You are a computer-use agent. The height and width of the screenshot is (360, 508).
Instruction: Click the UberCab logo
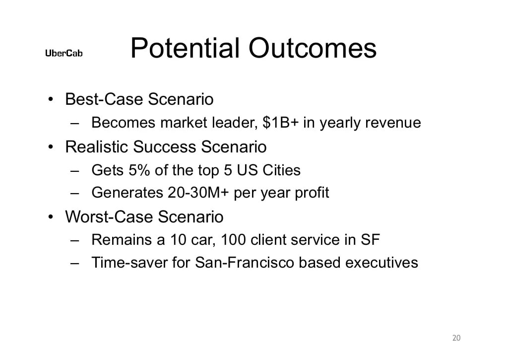64,53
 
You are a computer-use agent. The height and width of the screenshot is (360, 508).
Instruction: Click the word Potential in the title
186,49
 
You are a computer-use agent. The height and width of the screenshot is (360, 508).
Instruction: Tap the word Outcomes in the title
313,49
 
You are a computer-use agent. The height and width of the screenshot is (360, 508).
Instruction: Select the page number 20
456,338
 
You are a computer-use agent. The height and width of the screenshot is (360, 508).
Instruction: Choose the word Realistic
96,147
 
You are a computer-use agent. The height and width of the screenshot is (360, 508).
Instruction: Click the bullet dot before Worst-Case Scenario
51,217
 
